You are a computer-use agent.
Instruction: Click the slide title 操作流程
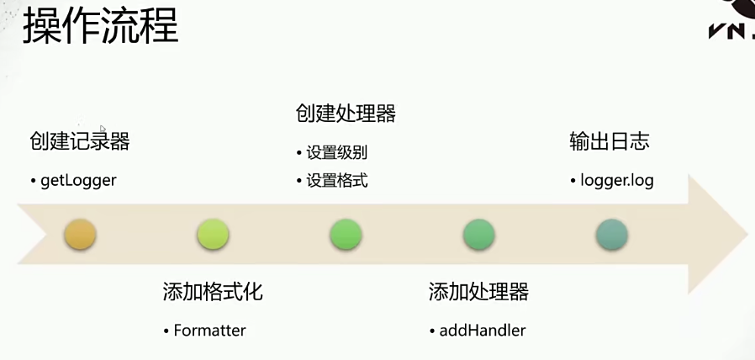(100, 28)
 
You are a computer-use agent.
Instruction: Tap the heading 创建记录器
(80, 141)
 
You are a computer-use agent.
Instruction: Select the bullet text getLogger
(78, 180)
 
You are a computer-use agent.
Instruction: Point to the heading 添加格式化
(213, 292)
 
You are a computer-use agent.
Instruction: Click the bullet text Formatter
(209, 331)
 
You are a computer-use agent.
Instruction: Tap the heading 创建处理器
(346, 113)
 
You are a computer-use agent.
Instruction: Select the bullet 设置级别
(336, 153)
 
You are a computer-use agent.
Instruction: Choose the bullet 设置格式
(336, 180)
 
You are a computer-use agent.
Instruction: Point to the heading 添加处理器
(478, 292)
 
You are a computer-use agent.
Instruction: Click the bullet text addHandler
(482, 331)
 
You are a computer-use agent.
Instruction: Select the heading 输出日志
(610, 141)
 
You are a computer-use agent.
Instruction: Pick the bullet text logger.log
(616, 180)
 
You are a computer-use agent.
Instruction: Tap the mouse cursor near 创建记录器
(103, 129)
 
